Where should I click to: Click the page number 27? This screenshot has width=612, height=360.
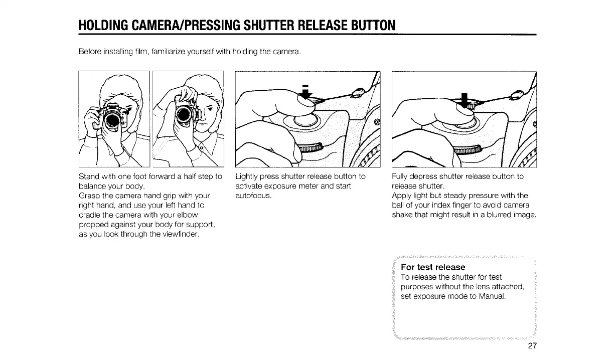point(532,346)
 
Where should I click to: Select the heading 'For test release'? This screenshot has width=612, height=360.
point(433,267)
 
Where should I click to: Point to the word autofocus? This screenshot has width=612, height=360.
point(253,196)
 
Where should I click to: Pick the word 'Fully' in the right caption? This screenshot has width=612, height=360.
point(400,176)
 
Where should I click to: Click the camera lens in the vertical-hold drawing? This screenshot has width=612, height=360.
point(185,115)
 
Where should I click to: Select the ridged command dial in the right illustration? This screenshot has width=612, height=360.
point(467,150)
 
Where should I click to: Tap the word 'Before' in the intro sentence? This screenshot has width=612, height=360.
point(90,52)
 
